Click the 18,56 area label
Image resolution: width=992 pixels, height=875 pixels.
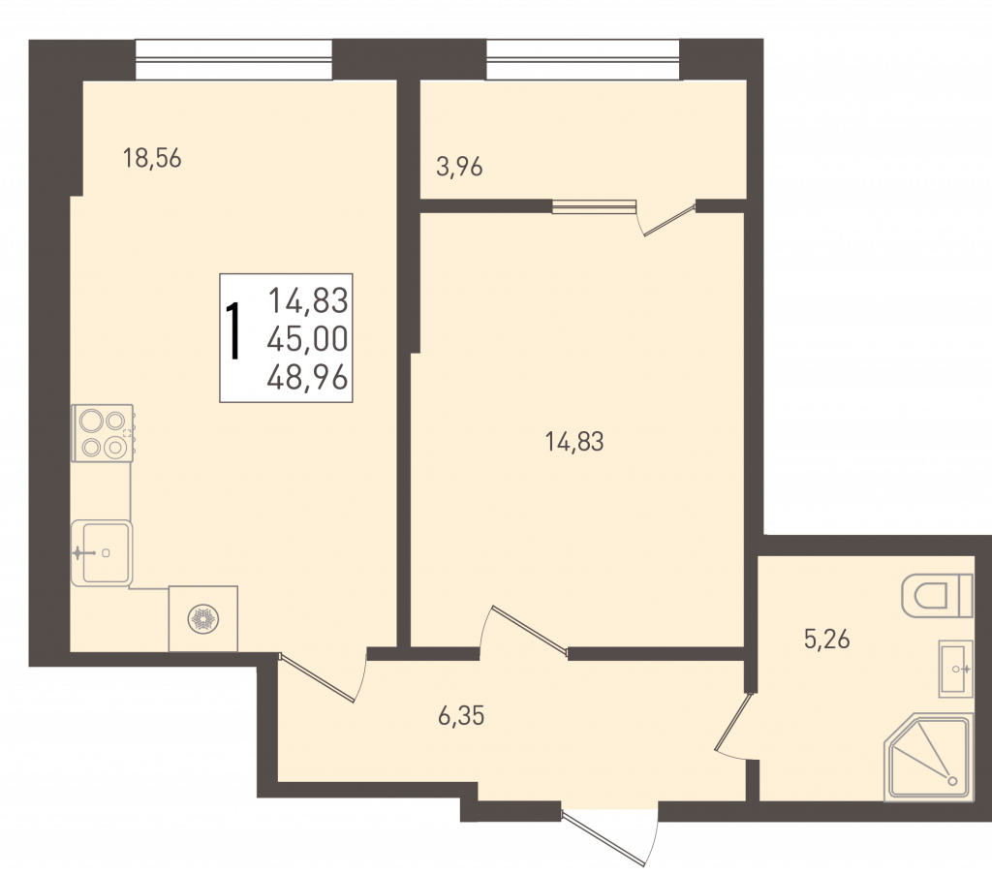coord(152,158)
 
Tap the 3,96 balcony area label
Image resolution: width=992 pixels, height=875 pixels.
coord(459,168)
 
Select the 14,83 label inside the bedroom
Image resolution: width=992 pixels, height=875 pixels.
coord(574,442)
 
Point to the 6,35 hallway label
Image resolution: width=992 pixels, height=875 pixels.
coord(461,715)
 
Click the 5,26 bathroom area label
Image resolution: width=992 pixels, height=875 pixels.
coord(827,639)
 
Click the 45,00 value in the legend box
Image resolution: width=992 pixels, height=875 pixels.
coord(307,340)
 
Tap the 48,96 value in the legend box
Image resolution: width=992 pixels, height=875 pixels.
coord(307,378)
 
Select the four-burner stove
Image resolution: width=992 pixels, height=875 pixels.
coord(103,433)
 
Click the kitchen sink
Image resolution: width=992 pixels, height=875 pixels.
coord(101,553)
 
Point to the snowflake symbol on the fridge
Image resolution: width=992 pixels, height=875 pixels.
coord(203,619)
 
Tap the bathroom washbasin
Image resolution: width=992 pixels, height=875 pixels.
coord(955,669)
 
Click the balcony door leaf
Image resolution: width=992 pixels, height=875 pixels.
coord(669,219)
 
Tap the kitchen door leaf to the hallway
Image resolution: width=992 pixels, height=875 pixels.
coord(317,679)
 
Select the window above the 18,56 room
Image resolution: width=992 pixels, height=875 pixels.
coord(234,60)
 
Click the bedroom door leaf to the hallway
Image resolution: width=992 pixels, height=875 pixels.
coord(530,628)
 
